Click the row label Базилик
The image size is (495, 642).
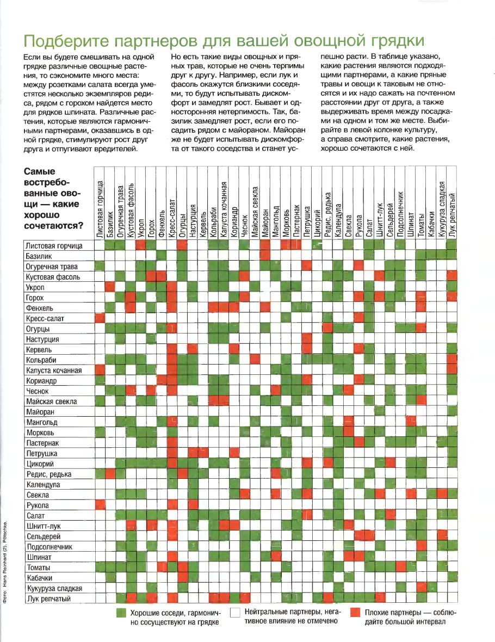[39, 256]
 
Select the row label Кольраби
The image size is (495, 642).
[41, 360]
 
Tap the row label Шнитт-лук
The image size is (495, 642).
[42, 526]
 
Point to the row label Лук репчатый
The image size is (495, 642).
[48, 598]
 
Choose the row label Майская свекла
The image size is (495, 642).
[51, 402]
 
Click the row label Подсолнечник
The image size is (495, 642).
[49, 547]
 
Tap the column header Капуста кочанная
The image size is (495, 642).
[224, 209]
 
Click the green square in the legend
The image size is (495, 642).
[122, 613]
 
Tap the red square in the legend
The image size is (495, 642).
[356, 613]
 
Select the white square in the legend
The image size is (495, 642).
[236, 613]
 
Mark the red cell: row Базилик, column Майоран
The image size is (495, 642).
[265, 256]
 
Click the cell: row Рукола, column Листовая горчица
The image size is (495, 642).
[100, 505]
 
